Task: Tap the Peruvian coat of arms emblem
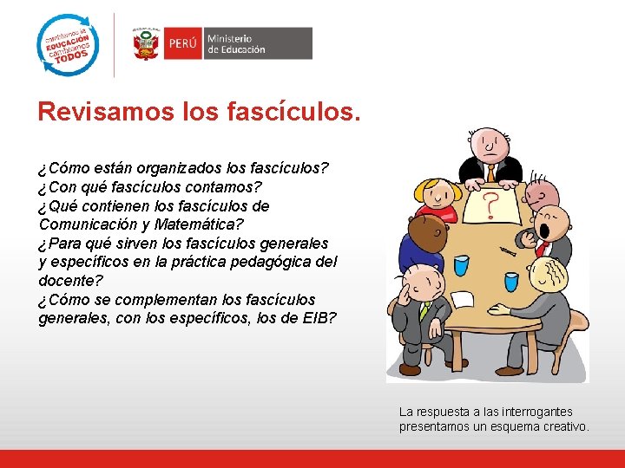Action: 146,43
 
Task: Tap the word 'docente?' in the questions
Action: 70,281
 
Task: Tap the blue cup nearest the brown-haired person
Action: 461,264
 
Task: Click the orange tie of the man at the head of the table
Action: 490,173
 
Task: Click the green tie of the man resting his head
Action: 425,309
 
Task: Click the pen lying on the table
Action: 508,250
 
